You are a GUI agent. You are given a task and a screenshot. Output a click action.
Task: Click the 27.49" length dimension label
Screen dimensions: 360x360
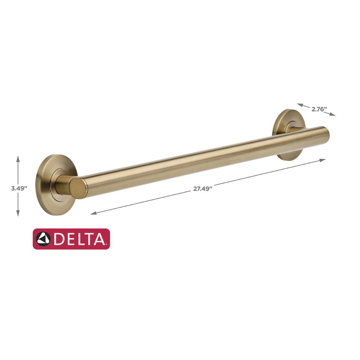click(202, 189)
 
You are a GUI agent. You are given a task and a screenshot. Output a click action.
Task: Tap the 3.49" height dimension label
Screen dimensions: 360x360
click(19, 188)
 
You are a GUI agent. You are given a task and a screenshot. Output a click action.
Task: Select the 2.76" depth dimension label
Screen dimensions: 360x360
click(319, 109)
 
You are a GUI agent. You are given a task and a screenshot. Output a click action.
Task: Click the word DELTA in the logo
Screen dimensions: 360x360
click(80, 239)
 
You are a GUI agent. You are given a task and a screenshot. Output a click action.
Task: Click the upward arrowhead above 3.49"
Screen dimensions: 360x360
click(18, 159)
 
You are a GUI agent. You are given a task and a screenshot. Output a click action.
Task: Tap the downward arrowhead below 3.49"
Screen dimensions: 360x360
click(18, 213)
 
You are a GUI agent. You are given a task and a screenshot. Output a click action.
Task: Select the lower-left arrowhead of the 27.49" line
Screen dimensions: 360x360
click(94, 213)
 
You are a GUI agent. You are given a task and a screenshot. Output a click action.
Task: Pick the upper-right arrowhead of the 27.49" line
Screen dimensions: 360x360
click(322, 160)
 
